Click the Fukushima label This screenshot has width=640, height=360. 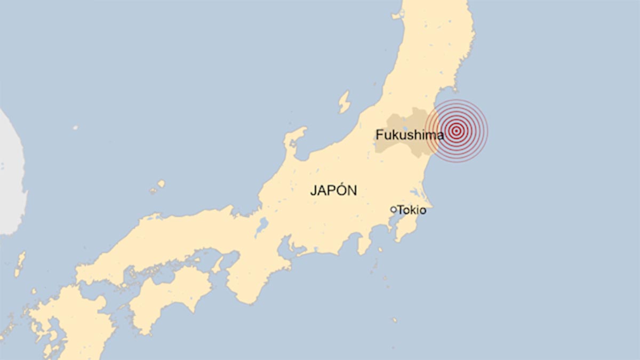(x=409, y=135)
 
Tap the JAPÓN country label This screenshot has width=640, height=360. (x=333, y=190)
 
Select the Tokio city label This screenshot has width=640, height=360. (x=411, y=210)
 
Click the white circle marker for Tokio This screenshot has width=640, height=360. (x=394, y=210)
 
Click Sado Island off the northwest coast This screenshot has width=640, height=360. (x=345, y=101)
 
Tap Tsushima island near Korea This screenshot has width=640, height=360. (x=20, y=264)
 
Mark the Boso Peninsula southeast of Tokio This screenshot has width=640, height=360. (x=411, y=227)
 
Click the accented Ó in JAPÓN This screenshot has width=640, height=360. (x=342, y=190)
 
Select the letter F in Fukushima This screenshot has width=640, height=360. (x=379, y=135)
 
